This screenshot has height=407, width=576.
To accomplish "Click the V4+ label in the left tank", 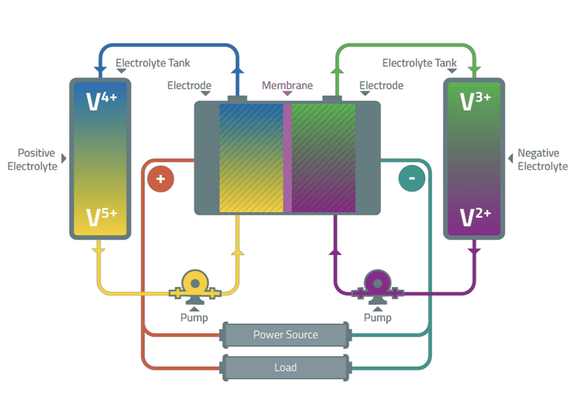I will (x=101, y=101).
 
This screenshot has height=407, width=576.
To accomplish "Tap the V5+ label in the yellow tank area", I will (x=101, y=217).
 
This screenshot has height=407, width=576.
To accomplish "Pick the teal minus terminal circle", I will (x=411, y=179).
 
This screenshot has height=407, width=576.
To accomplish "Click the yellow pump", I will (x=195, y=284).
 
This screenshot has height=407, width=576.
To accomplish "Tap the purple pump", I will (x=377, y=284).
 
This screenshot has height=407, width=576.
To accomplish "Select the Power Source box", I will (x=286, y=335).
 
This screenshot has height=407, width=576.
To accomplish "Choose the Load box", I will (x=286, y=368).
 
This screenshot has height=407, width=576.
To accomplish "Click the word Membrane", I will (x=287, y=85).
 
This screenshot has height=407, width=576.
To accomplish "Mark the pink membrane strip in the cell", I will (x=287, y=158).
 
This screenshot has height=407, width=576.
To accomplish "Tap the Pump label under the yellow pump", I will (x=194, y=318).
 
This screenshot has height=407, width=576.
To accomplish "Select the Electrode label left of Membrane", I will (x=189, y=85).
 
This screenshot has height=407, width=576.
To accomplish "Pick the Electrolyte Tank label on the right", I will (x=420, y=63).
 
